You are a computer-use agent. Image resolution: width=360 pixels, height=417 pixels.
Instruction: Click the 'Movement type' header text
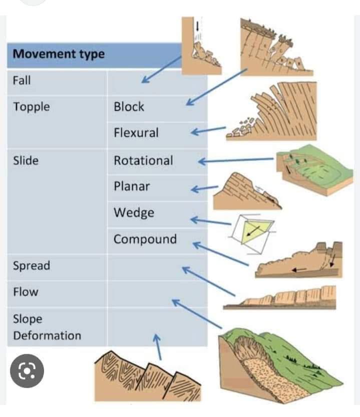click(59, 54)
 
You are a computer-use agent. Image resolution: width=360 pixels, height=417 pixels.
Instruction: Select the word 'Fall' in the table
click(22, 80)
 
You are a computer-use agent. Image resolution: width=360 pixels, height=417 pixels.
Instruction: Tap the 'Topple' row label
click(32, 107)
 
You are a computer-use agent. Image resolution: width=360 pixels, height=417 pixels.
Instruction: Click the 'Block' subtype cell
click(129, 107)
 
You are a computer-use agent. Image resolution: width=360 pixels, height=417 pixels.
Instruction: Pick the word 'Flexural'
click(136, 133)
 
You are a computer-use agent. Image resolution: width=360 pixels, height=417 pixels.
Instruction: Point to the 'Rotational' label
click(144, 160)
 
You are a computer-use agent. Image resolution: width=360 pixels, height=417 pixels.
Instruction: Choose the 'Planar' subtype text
click(132, 186)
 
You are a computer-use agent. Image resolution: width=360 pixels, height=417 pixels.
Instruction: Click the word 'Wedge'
click(134, 213)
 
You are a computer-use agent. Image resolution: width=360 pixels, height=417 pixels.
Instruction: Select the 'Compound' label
click(145, 239)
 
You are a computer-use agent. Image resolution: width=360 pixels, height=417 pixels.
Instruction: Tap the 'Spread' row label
click(32, 266)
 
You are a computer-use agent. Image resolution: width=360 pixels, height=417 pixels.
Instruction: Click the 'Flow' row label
click(26, 292)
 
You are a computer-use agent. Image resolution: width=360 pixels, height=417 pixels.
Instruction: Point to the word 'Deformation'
click(47, 336)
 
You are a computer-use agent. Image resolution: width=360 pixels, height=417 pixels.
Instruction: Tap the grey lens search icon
click(27, 371)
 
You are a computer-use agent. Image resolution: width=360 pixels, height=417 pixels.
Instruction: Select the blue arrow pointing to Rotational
click(236, 160)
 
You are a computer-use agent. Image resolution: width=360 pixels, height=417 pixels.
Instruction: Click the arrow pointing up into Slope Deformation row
click(158, 347)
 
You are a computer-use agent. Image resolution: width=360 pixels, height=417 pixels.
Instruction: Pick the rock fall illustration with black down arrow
click(201, 46)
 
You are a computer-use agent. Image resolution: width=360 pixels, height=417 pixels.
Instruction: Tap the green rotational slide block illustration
click(314, 170)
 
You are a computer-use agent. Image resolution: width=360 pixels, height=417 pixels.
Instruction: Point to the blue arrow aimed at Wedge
click(211, 221)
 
